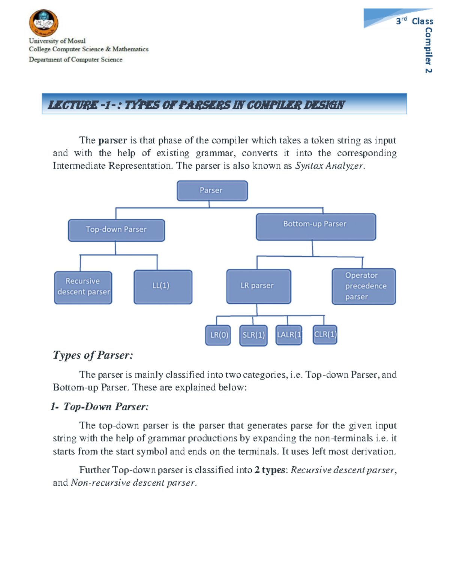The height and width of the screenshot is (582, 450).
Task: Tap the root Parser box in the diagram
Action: coord(212,191)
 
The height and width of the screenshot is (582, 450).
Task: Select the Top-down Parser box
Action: coord(116,230)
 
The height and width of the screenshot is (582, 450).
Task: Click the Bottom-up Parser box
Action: coord(316,227)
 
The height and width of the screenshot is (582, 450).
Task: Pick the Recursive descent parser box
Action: coord(83,287)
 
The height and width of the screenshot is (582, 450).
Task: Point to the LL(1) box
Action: coord(163,287)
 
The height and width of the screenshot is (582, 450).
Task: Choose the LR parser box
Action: coord(258,286)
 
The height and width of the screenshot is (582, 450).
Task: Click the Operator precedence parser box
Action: coord(363,286)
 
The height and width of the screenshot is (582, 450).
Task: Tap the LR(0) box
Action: coord(218,335)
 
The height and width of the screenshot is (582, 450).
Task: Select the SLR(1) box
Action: coord(253,335)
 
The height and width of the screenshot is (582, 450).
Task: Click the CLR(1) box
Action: coord(325,335)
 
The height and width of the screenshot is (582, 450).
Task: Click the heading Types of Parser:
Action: coord(93,355)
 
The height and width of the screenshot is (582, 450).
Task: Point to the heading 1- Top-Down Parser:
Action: coord(100,407)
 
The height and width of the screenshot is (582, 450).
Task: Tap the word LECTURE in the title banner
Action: coord(73,105)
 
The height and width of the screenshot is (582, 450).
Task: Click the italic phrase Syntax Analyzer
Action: coord(329,166)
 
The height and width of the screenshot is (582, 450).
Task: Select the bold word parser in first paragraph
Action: coord(112,141)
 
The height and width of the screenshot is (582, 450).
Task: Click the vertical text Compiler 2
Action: coord(428,50)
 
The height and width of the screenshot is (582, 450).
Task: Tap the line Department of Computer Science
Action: coord(76,60)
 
